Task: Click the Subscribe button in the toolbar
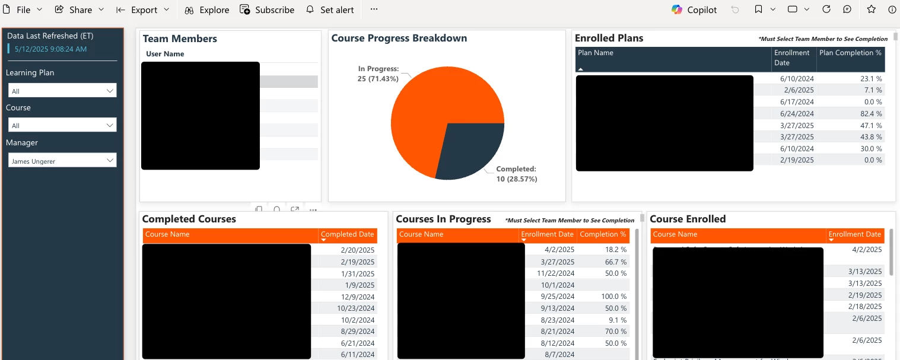point(267,10)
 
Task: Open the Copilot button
point(694,10)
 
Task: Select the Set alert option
point(330,10)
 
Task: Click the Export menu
point(143,10)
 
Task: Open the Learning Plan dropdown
point(62,91)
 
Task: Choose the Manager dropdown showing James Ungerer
point(62,161)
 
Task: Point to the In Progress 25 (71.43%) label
point(378,74)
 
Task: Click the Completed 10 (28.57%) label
point(516,174)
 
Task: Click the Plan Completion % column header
point(850,53)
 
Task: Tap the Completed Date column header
point(347,234)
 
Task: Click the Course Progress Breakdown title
point(399,39)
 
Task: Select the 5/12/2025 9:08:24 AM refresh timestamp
point(51,49)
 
